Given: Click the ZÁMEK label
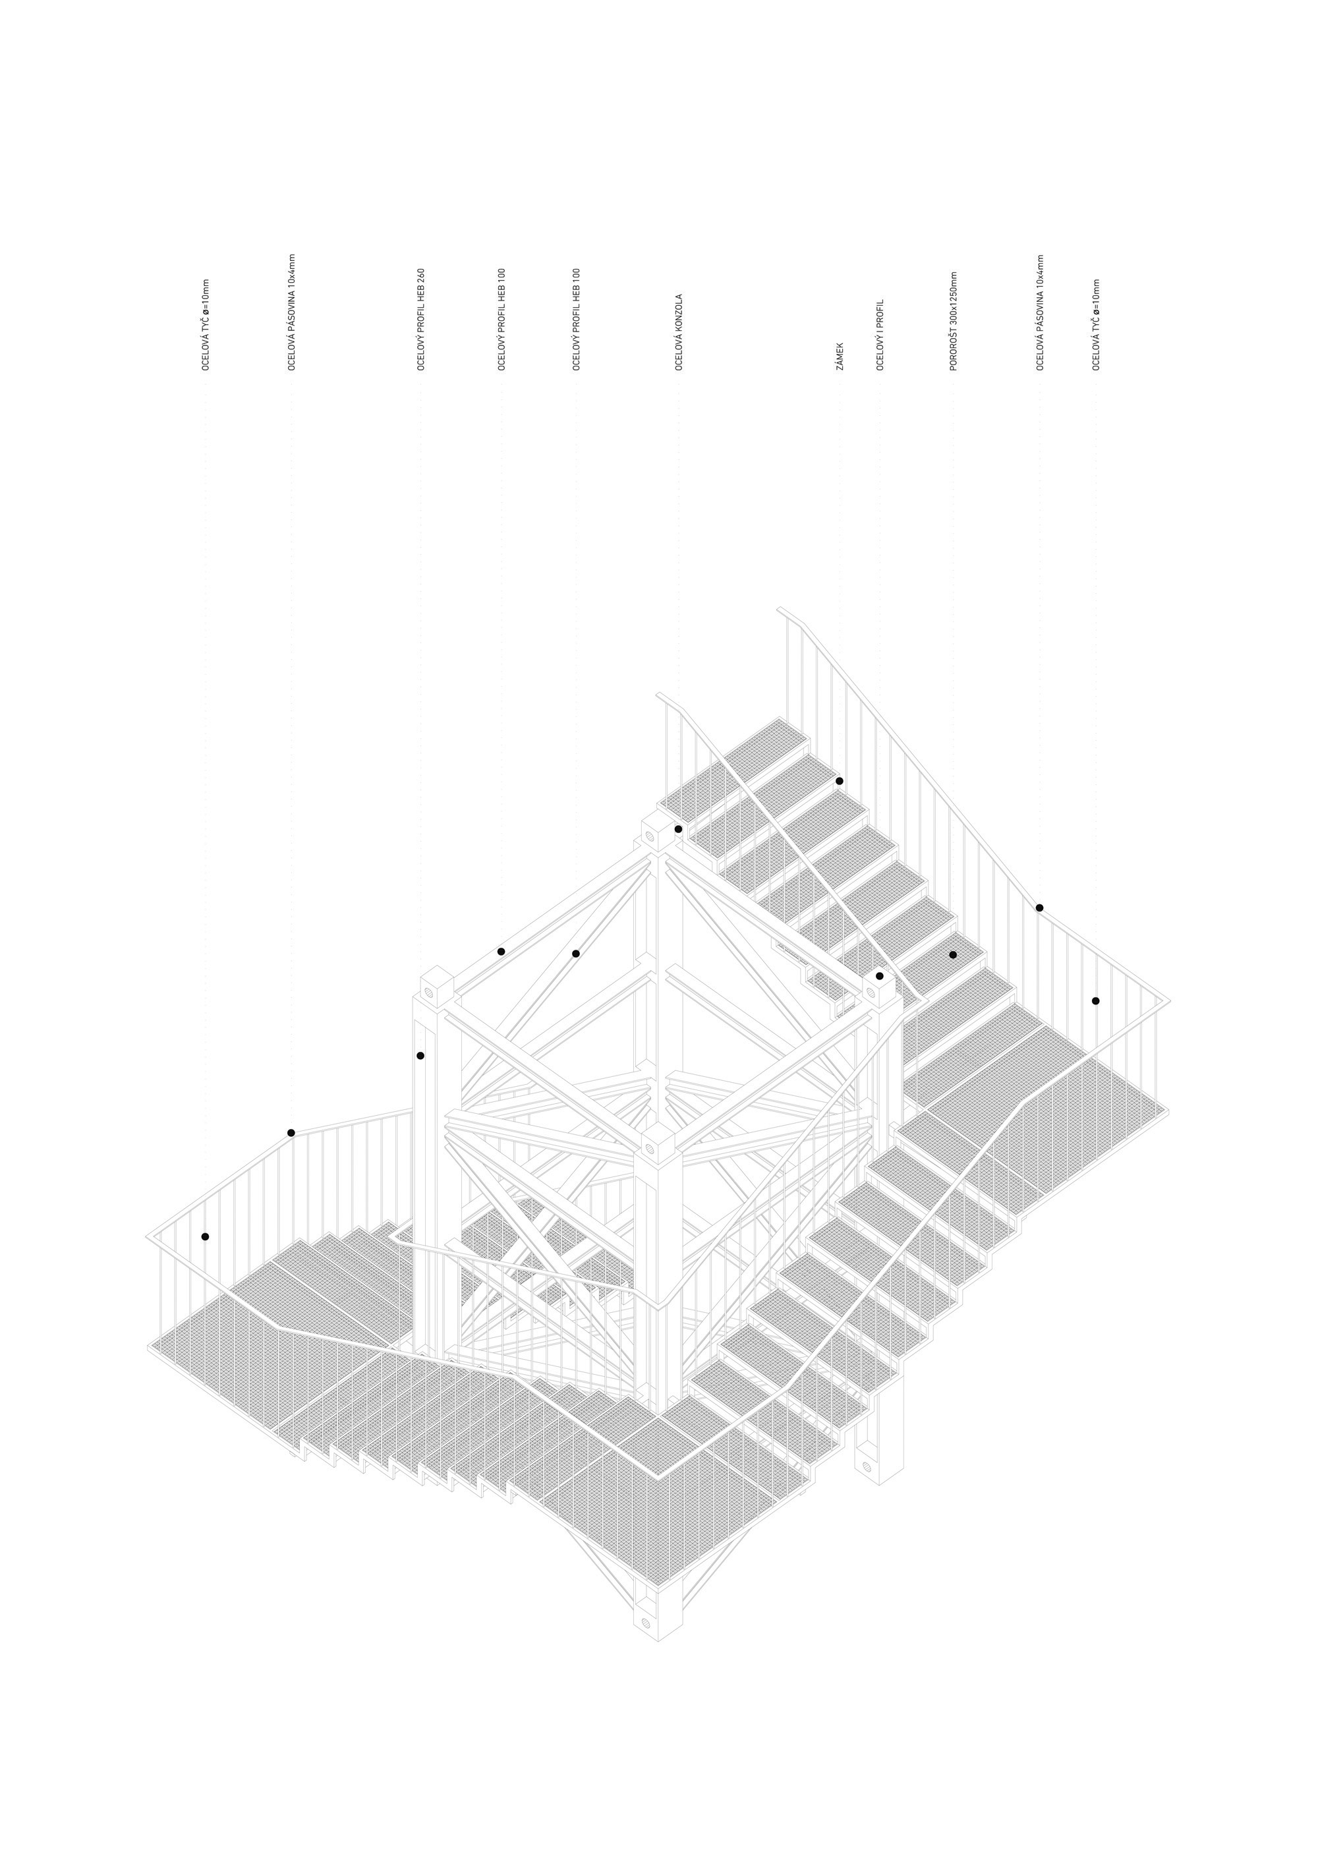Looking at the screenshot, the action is click(840, 357).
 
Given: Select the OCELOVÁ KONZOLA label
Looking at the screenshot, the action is click(679, 333).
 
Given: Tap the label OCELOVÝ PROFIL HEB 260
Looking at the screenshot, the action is click(421, 320).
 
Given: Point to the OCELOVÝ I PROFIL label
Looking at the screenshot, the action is click(880, 335).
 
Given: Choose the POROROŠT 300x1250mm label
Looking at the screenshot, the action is click(954, 322).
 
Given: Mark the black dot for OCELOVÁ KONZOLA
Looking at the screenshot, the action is click(679, 829).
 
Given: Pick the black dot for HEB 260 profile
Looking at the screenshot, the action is click(420, 1055).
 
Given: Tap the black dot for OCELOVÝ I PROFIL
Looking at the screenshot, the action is click(880, 975).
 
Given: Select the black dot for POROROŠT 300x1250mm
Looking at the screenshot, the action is click(953, 954).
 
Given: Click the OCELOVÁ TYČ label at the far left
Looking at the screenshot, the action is click(206, 326).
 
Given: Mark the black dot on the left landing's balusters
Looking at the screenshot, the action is click(206, 1236).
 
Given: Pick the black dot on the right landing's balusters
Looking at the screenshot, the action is click(1096, 1001).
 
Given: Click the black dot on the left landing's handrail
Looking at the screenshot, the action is click(291, 1132).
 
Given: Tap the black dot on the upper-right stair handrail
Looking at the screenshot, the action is click(1040, 908).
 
